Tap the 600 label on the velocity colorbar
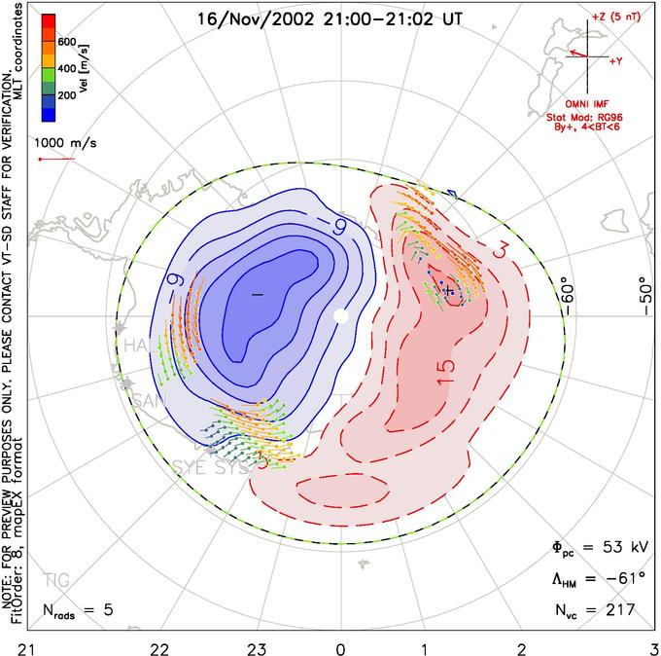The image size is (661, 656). click(x=68, y=42)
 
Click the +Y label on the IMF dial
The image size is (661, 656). click(x=615, y=60)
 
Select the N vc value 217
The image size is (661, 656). click(x=616, y=610)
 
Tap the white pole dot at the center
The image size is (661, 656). click(x=340, y=316)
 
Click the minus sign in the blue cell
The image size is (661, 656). click(x=257, y=293)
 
